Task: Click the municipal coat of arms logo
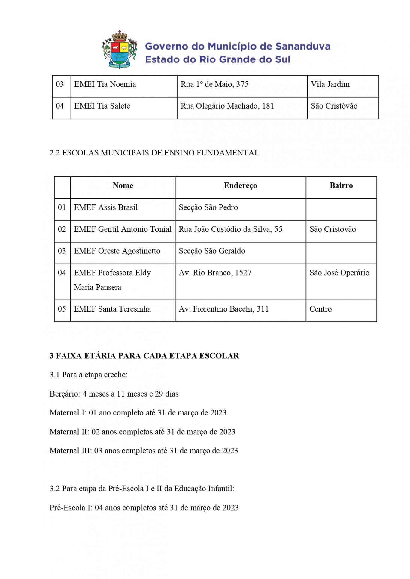pos(119,50)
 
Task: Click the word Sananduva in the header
pos(303,47)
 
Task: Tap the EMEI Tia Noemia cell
pos(105,84)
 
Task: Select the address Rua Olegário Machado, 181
pos(227,106)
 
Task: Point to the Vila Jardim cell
pos(330,84)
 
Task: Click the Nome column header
pos(123,186)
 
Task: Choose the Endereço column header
pos(240,186)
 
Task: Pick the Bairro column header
pos(341,186)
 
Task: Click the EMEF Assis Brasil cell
pos(106,207)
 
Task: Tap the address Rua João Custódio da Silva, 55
pos(230,229)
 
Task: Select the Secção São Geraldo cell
pos(212,251)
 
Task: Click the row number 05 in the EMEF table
pos(62,309)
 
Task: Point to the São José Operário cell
pos(339,273)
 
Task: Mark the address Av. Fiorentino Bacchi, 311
pos(223,309)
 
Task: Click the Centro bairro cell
pos(320,309)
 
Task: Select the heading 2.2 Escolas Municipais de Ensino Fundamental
pos(154,153)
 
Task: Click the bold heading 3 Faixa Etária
pos(144,356)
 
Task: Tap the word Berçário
pos(64,394)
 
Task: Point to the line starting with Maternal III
pos(144,451)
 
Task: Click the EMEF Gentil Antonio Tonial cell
pos(123,229)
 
